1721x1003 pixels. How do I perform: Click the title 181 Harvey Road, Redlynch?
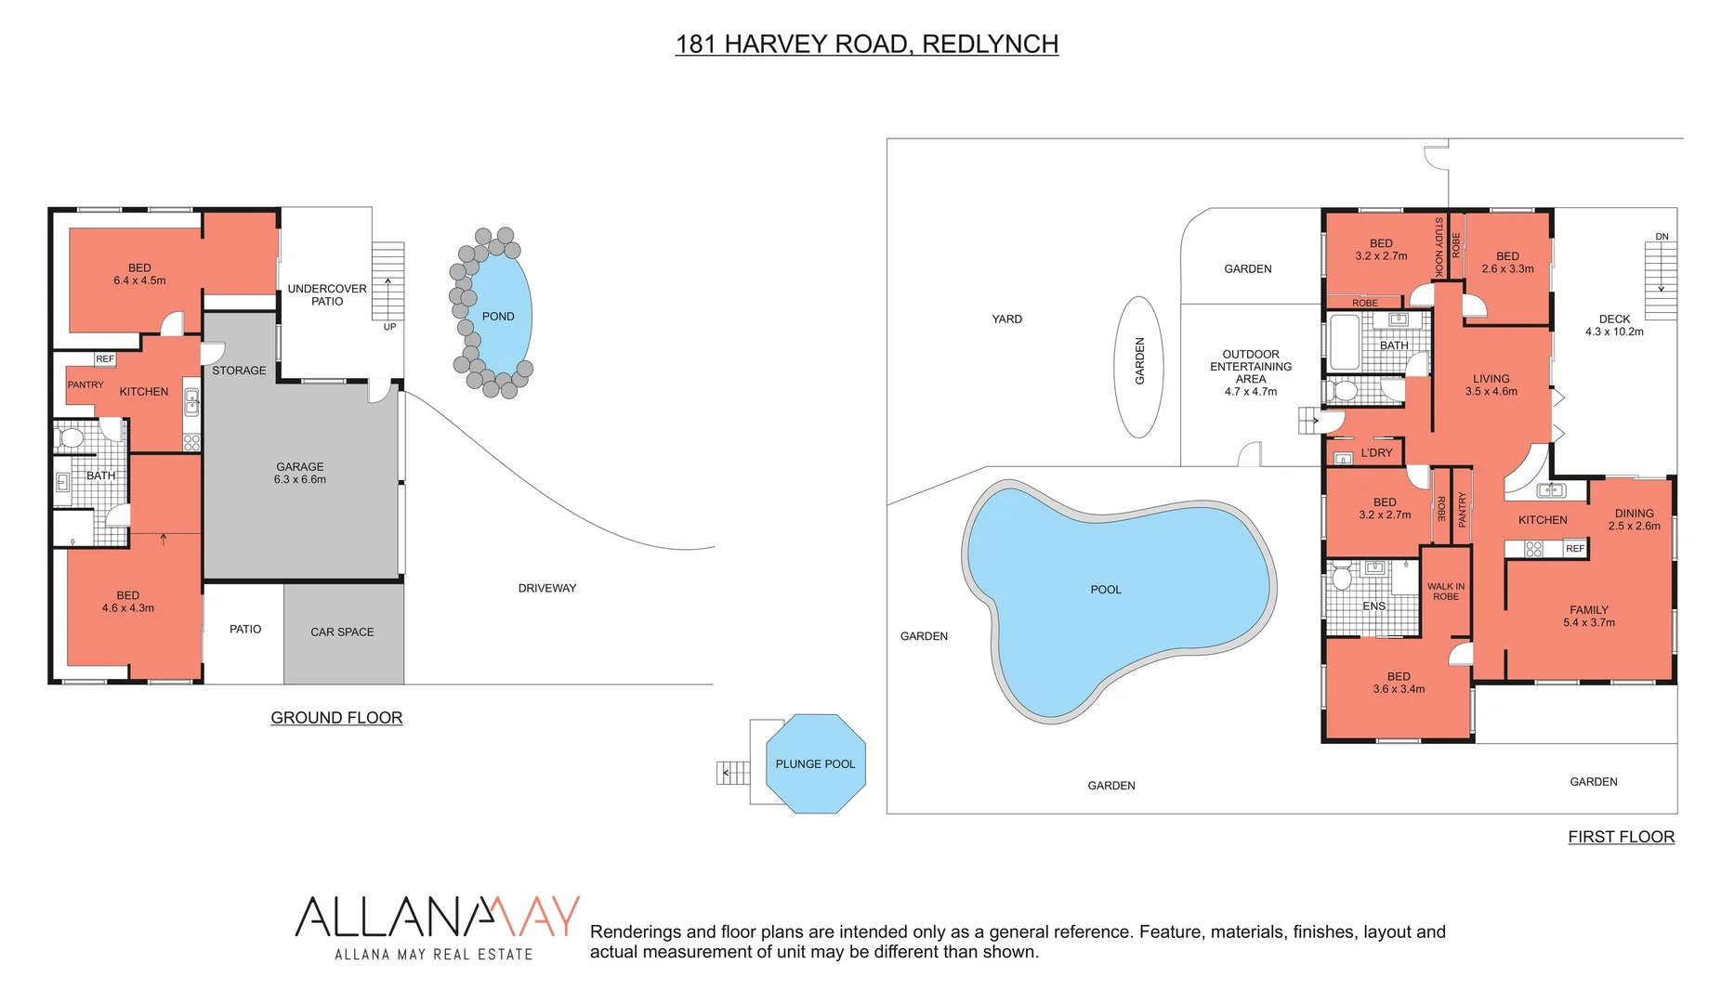coord(866,45)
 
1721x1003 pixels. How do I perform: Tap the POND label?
coord(498,317)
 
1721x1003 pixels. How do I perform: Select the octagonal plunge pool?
coord(815,763)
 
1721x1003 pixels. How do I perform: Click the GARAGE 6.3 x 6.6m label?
coord(300,474)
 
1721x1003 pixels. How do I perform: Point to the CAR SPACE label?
coord(342,632)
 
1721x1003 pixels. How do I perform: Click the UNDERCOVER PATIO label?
coord(327,295)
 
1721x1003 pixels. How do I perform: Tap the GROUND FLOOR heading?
coord(336,718)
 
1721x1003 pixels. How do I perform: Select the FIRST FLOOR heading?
coord(1621,837)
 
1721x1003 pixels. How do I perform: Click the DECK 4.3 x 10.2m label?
coord(1614,325)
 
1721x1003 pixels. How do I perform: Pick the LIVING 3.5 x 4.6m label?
coord(1491,385)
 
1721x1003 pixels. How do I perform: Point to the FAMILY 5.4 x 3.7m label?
coord(1589,617)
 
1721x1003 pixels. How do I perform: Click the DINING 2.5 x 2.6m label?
coord(1634,519)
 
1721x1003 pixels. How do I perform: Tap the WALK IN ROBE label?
coord(1446,592)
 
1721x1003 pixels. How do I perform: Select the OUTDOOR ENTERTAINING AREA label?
coord(1251,372)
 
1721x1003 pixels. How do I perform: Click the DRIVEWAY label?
coord(547,588)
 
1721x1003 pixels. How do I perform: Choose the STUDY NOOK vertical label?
coord(1439,247)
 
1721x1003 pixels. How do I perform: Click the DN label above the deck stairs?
coord(1662,237)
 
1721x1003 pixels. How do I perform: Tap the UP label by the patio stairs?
coord(389,327)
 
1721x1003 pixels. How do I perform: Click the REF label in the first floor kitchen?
coord(1574,549)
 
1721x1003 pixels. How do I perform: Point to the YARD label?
coord(1006,319)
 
